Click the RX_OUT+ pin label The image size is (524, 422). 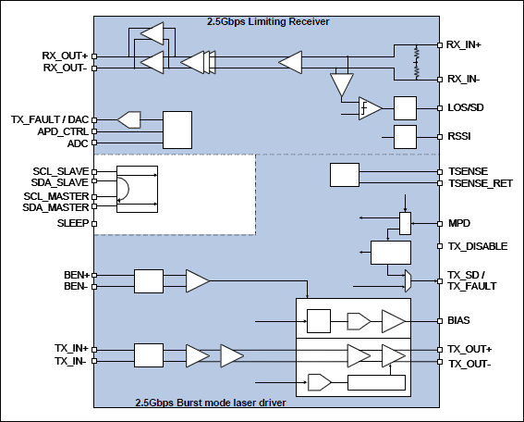point(66,55)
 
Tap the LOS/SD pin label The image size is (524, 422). point(465,108)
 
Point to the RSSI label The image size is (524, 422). point(459,136)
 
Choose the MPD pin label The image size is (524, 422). point(457,224)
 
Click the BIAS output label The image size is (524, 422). point(459,321)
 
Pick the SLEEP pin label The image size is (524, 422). point(72,224)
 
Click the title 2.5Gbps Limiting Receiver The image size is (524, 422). point(268,20)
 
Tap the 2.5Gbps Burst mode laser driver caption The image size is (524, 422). point(208,403)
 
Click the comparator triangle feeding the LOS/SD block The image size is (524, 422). point(371,108)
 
